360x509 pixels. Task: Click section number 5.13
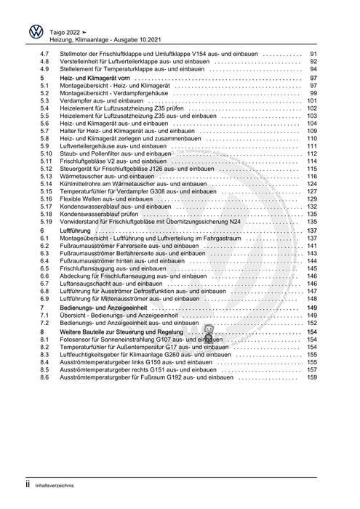click(46, 177)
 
